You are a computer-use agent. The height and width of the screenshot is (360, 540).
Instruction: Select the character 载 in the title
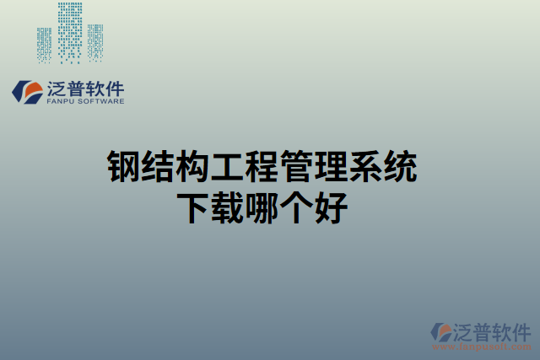pos(231,208)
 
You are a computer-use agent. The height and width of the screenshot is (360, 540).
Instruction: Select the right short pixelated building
pos(94,42)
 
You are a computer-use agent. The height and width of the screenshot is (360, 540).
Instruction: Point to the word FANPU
pos(62,101)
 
